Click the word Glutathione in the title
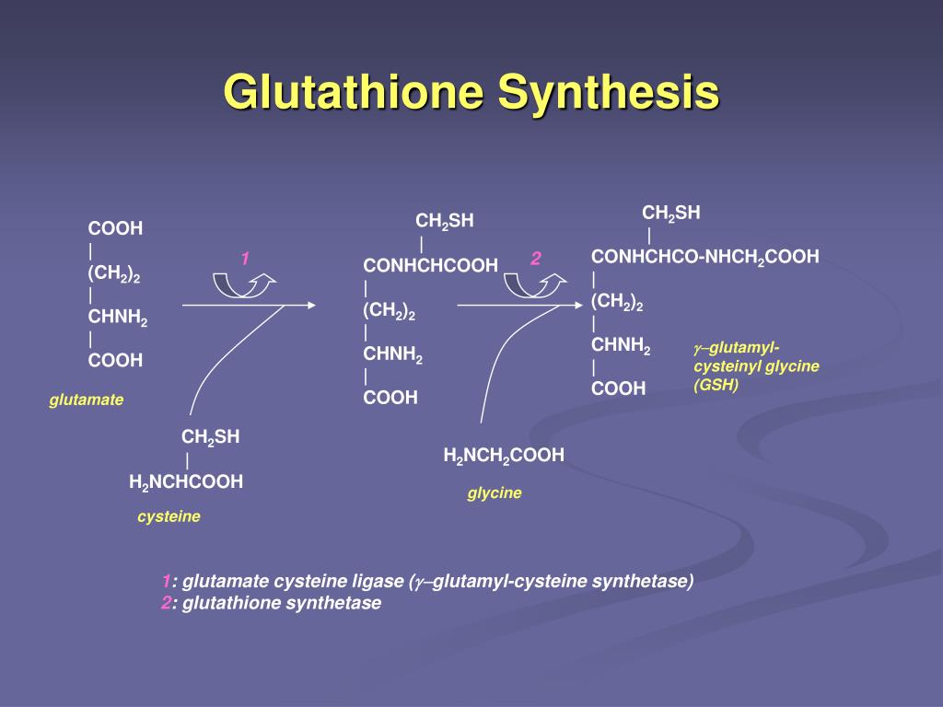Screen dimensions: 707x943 [354, 93]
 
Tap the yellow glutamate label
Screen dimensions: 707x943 [87, 400]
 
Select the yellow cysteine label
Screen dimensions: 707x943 [169, 516]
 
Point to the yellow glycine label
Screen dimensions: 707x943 [495, 493]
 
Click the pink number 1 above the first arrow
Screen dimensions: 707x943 [246, 259]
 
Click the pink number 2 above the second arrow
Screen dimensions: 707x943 [535, 259]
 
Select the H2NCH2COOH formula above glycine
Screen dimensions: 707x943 [504, 455]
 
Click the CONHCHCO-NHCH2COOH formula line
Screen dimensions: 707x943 [704, 257]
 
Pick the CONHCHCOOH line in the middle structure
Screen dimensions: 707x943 [430, 265]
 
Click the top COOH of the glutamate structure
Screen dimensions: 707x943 [115, 228]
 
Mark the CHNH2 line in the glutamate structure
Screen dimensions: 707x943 [117, 318]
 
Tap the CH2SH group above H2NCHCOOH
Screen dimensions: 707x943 [210, 437]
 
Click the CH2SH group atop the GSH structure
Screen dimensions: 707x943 [671, 214]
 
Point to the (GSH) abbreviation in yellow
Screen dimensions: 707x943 [716, 386]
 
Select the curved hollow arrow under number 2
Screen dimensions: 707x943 [532, 284]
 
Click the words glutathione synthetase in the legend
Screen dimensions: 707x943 [282, 603]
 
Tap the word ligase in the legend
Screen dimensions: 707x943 [378, 581]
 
